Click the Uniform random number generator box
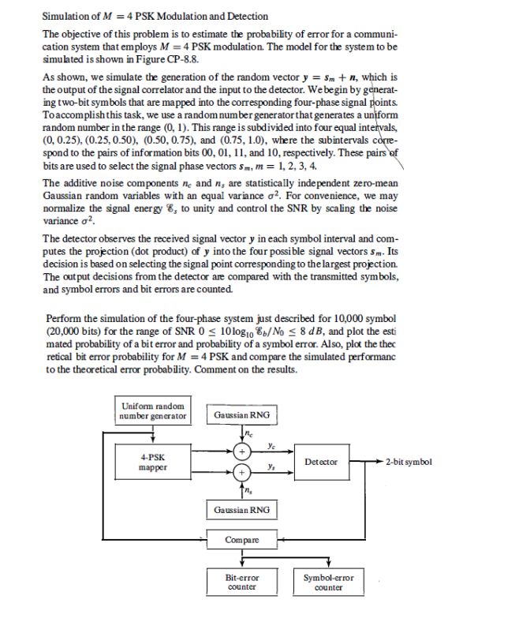pos(153,410)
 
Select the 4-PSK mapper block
pos(153,462)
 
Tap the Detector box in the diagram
pos(321,462)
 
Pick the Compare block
pos(240,540)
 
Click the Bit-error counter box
pos(241,582)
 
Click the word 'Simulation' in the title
pos(65,16)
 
